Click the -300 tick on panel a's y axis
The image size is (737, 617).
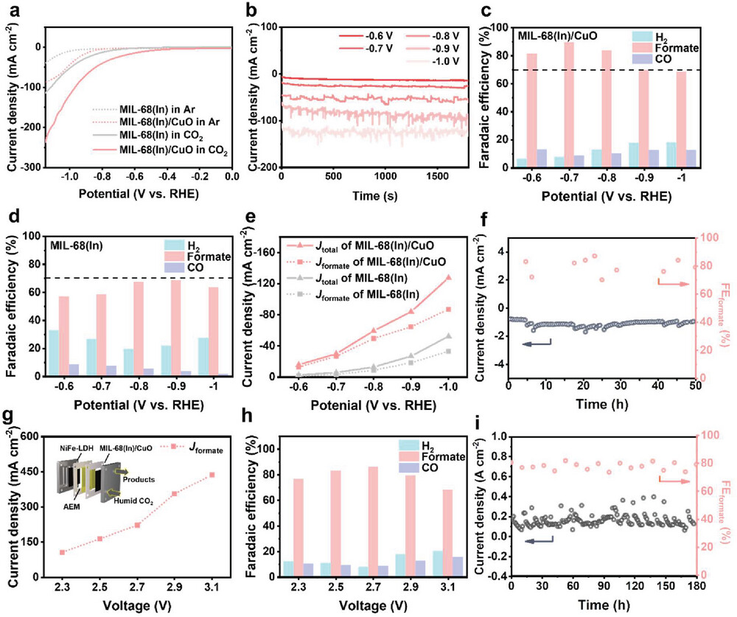click(32, 168)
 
